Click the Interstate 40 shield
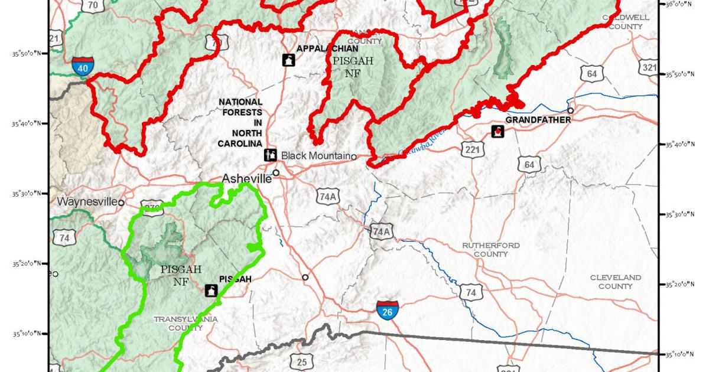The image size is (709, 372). point(83,66)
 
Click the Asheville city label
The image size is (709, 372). point(246,178)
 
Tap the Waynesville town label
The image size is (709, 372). point(87,202)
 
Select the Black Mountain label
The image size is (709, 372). point(316,155)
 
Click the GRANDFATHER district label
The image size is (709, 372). point(538,120)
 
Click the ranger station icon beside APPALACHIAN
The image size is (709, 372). point(288,60)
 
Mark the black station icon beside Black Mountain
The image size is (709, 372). point(270,155)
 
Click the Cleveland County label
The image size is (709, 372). point(615,282)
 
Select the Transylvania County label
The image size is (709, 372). point(186,323)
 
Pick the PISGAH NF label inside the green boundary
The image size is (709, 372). point(181,275)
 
